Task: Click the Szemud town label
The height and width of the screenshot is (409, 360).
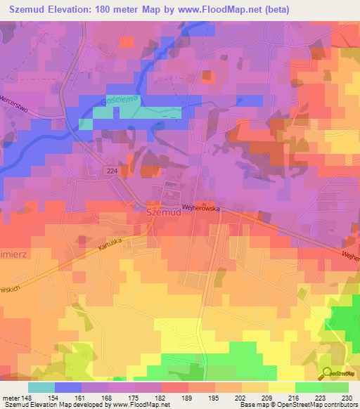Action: click(163, 211)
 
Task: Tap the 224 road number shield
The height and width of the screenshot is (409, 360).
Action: click(114, 171)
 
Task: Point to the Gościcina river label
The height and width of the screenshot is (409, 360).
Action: click(117, 101)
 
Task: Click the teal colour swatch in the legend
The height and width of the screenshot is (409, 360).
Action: click(41, 387)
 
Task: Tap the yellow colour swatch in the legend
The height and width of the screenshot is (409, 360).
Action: click(281, 387)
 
